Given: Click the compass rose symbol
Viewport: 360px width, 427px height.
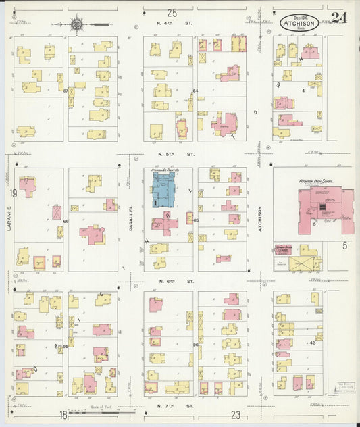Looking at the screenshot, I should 78,24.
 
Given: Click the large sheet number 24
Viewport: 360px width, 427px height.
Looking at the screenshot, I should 339,18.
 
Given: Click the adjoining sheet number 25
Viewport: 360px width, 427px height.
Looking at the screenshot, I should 172,12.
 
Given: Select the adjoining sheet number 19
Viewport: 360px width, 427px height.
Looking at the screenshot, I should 13,193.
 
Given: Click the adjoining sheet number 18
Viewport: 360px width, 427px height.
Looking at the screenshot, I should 63,415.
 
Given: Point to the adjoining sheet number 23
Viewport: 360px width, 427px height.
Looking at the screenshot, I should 236,415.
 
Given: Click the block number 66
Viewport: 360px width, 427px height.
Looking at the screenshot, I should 66,221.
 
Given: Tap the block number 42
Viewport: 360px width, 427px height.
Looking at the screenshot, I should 312,343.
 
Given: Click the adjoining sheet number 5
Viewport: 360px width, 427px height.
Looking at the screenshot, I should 344,245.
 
